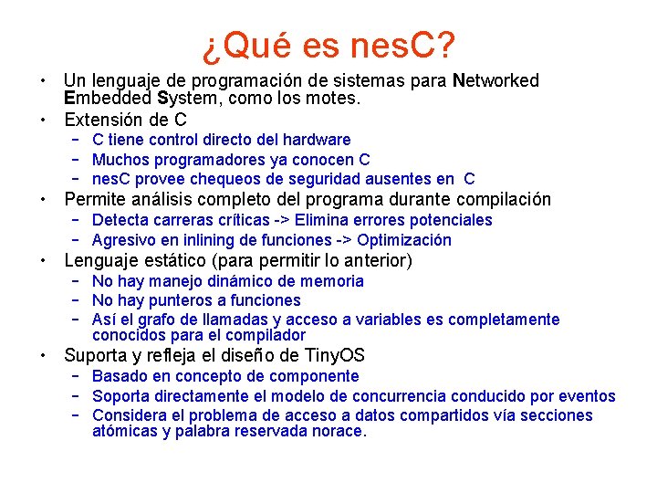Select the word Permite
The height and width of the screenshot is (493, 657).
click(96, 199)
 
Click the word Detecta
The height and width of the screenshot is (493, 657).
click(122, 220)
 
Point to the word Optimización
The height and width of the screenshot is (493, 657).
click(404, 240)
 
